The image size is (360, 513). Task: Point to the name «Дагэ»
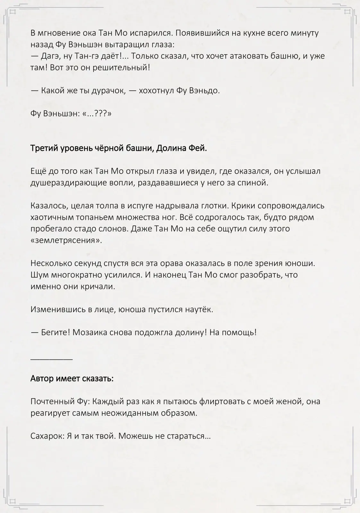(x=51, y=56)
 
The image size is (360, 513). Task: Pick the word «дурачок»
(x=108, y=91)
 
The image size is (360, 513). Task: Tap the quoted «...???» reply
(x=97, y=114)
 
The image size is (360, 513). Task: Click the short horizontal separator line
(x=52, y=359)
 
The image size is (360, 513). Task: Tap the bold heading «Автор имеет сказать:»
(x=72, y=379)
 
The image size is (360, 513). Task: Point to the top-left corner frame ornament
(x=13, y=12)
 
